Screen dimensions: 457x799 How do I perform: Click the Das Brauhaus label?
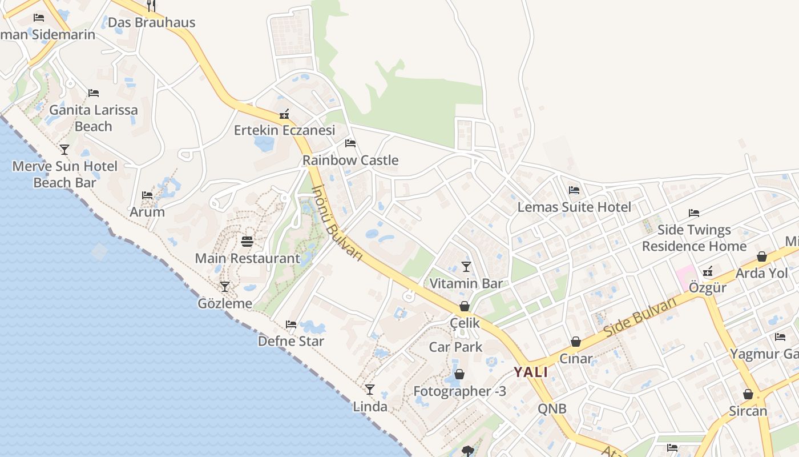click(151, 23)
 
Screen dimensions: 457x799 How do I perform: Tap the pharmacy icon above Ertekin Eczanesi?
click(284, 114)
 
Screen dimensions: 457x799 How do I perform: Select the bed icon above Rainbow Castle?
click(350, 143)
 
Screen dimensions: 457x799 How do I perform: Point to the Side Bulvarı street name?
click(640, 316)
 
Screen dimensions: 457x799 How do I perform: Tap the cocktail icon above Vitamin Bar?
click(466, 267)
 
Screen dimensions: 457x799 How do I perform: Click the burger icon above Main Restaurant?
click(247, 242)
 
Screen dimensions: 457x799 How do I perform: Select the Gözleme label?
click(225, 303)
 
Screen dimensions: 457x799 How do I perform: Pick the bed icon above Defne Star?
click(291, 324)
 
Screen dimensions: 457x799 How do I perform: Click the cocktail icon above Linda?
click(370, 390)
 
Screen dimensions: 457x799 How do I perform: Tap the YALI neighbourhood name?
click(531, 372)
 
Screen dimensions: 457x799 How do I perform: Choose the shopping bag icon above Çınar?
click(576, 342)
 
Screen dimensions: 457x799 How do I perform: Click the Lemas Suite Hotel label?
click(574, 207)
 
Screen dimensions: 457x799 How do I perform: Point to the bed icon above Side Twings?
click(694, 213)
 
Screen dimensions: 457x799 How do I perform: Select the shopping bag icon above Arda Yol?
click(761, 256)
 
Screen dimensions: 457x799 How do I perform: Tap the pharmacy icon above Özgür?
click(708, 271)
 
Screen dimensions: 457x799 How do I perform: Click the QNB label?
click(552, 408)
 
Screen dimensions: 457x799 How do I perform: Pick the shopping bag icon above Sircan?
click(748, 394)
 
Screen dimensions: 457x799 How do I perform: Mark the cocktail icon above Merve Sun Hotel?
click(64, 150)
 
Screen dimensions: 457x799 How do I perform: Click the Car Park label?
click(455, 347)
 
